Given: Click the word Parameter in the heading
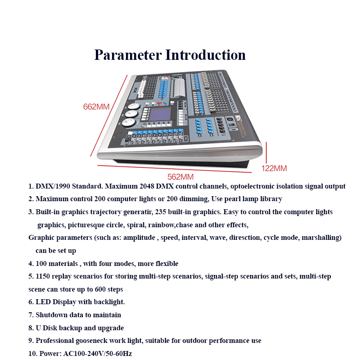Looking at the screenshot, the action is (x=128, y=55).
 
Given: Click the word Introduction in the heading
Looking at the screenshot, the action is (x=206, y=55).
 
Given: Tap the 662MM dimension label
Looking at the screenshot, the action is (x=96, y=107).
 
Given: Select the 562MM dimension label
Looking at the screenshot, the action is (x=180, y=177).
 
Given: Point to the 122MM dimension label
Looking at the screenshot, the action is (x=274, y=168).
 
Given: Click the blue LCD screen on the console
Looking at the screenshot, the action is (x=160, y=114).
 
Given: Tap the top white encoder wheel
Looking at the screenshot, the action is (x=133, y=106).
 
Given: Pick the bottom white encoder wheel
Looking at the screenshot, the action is (x=129, y=122).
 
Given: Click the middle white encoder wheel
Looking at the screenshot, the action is (x=131, y=114).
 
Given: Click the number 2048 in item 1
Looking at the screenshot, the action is (x=147, y=186).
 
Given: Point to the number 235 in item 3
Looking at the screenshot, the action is (x=160, y=211).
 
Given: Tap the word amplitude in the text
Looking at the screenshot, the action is (x=139, y=238).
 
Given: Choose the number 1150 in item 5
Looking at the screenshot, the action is (x=43, y=276).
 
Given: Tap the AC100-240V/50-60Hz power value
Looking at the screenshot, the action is (x=98, y=354).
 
